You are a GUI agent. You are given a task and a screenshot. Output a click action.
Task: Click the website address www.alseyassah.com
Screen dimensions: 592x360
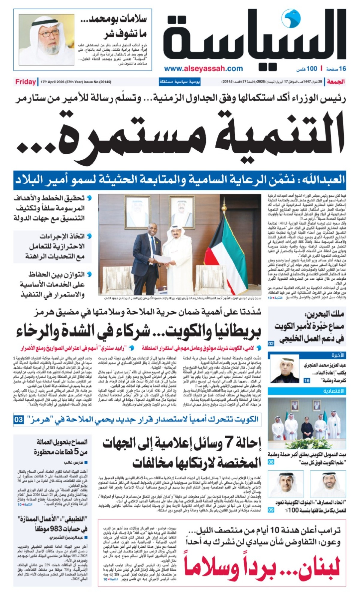(x=203, y=68)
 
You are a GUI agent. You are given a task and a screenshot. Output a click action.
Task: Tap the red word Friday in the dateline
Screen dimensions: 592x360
(x=25, y=82)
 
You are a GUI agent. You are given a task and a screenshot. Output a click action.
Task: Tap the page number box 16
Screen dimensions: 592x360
(x=307, y=381)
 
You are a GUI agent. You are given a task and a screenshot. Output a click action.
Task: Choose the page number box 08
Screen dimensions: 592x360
(x=271, y=462)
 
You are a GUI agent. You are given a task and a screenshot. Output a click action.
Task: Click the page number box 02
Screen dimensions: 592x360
(x=271, y=344)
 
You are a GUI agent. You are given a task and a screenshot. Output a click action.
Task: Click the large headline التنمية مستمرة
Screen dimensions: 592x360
(x=180, y=132)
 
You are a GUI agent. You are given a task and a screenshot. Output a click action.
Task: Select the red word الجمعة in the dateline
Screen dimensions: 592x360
(x=336, y=82)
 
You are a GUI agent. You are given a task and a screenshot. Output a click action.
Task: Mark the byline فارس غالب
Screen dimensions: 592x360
(x=73, y=463)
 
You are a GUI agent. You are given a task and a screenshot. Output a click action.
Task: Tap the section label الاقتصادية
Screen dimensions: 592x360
(x=334, y=391)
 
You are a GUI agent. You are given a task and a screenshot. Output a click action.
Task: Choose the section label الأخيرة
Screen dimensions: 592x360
(x=338, y=355)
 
